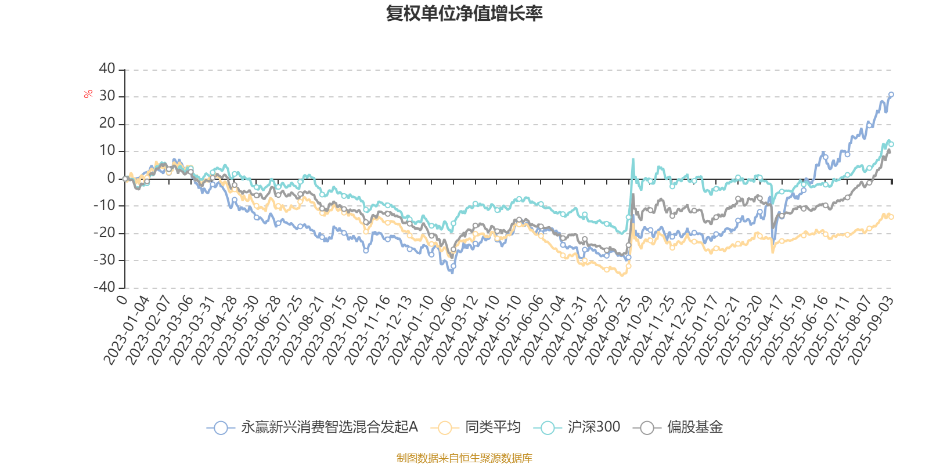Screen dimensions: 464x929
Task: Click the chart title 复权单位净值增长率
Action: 464,13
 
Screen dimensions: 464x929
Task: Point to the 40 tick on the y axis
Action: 107,68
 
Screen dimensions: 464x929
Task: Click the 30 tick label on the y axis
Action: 107,96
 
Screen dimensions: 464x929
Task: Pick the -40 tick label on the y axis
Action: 105,287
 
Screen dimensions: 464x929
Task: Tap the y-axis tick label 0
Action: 111,178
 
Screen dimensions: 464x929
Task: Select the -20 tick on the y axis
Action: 105,233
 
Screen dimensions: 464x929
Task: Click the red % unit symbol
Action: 88,94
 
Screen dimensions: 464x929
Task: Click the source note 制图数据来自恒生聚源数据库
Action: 464,458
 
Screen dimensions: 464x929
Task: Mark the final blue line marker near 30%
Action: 891,94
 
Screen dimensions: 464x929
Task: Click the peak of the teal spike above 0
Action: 633,158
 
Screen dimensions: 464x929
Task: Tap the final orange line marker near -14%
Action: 891,217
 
